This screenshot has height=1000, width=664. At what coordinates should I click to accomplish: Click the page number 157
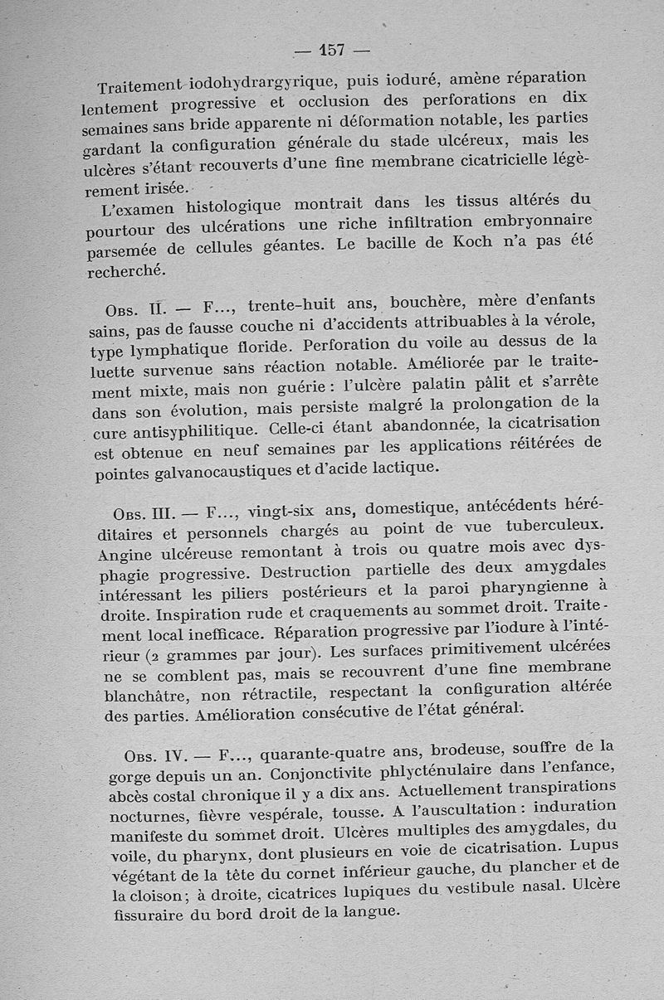pyautogui.click(x=332, y=50)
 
